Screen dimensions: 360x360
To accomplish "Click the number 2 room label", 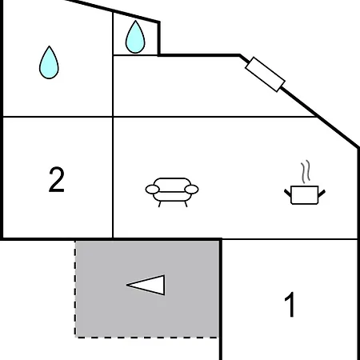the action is (x=57, y=179).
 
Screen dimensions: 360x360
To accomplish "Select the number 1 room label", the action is (x=290, y=304).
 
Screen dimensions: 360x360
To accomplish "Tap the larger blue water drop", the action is (x=49, y=62).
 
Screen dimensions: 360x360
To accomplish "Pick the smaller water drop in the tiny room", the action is (x=135, y=37).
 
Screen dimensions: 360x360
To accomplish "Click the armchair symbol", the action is (x=172, y=192).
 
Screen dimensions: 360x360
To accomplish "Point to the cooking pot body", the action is (x=305, y=195).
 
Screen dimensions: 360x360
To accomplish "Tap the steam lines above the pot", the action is (x=306, y=171).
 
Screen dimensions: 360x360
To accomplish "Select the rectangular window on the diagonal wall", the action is (x=265, y=74).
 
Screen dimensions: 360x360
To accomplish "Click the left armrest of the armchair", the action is (x=153, y=190).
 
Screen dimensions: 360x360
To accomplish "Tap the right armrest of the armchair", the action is (x=191, y=190).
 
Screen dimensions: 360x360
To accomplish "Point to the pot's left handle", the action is (x=288, y=193).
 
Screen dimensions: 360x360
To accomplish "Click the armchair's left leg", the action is (x=160, y=204).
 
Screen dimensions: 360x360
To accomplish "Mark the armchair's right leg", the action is (x=186, y=204).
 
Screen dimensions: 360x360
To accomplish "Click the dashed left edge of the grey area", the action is (x=75, y=289).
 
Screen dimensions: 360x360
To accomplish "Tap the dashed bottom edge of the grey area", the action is (x=147, y=338).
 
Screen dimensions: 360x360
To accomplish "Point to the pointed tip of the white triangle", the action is (x=126, y=285).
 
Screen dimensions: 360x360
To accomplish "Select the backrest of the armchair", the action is (x=172, y=185).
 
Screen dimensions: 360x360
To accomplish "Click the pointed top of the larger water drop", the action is (x=50, y=46).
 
